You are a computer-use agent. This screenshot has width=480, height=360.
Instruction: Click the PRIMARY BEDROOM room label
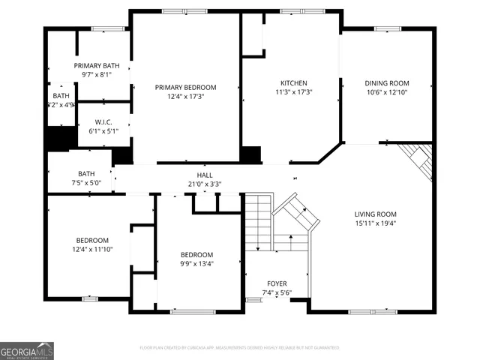pyautogui.click(x=185, y=87)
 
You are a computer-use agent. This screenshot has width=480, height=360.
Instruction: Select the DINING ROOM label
pyautogui.click(x=387, y=83)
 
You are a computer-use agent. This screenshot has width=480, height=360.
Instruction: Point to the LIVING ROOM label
pyautogui.click(x=375, y=214)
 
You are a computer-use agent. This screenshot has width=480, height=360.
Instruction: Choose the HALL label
pyautogui.click(x=205, y=175)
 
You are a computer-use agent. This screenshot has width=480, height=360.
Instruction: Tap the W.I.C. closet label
pyautogui.click(x=104, y=122)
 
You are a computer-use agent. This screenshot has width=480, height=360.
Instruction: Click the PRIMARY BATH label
pyautogui.click(x=96, y=66)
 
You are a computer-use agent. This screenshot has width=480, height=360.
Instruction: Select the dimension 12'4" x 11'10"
pyautogui.click(x=92, y=249)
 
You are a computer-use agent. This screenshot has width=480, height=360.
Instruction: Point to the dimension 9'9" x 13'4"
pyautogui.click(x=196, y=264)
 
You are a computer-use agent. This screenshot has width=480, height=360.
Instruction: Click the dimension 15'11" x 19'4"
pyautogui.click(x=375, y=223)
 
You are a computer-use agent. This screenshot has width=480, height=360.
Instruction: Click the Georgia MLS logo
pyautogui.click(x=27, y=350)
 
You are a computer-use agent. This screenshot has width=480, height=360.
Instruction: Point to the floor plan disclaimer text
pyautogui.click(x=240, y=347)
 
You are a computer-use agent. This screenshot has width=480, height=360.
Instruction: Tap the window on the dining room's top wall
pyautogui.click(x=387, y=29)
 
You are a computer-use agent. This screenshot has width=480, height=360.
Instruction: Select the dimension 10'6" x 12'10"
pyautogui.click(x=387, y=93)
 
